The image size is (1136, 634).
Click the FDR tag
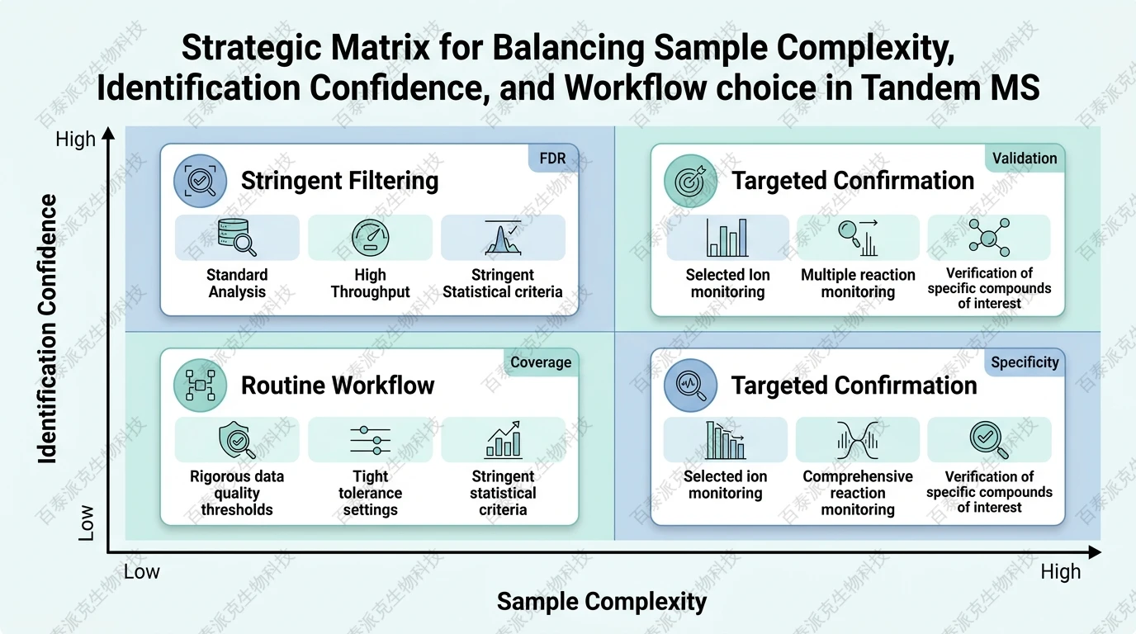pyautogui.click(x=552, y=158)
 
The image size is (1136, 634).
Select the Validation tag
pyautogui.click(x=1024, y=158)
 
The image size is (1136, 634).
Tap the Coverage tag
pyautogui.click(x=540, y=362)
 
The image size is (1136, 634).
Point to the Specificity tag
pyautogui.click(x=1024, y=362)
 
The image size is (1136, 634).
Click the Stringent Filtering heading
pyautogui.click(x=339, y=181)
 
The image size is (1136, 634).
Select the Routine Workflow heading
pyautogui.click(x=337, y=385)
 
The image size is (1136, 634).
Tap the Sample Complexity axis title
pyautogui.click(x=601, y=602)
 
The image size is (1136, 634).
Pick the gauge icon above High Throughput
pyautogui.click(x=369, y=238)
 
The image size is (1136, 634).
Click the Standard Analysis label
pyautogui.click(x=237, y=283)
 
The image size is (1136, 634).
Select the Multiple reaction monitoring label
pyautogui.click(x=858, y=283)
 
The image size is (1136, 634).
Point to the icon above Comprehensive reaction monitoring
pyautogui.click(x=857, y=439)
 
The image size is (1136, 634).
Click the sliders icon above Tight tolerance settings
pyautogui.click(x=369, y=439)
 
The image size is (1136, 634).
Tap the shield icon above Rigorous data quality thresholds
pyautogui.click(x=237, y=439)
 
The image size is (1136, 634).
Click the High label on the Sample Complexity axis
pyautogui.click(x=1060, y=572)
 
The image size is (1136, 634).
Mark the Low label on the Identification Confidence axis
pyautogui.click(x=86, y=523)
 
